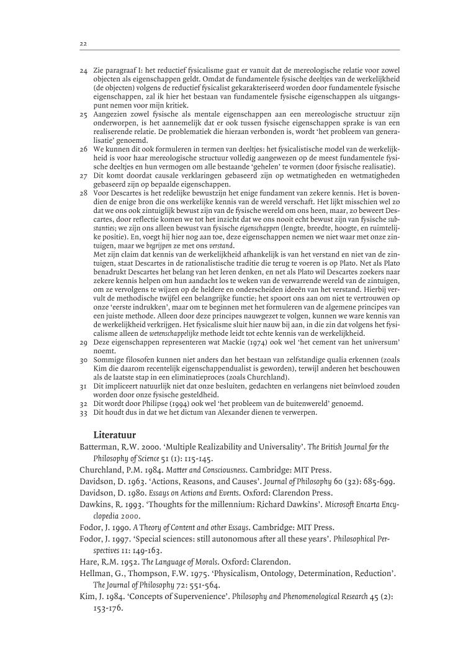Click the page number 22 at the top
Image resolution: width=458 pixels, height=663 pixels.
[83, 43]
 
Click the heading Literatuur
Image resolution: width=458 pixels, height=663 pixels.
[115, 434]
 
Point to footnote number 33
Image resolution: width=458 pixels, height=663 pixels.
[84, 412]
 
